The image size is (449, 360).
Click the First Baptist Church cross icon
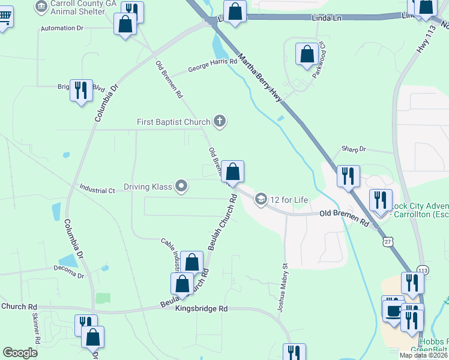220,122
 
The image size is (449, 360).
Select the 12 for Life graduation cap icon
261,199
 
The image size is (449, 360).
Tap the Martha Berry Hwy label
259,76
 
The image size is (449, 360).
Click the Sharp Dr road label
354,149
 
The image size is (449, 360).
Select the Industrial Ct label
97,190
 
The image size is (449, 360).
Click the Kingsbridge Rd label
202,308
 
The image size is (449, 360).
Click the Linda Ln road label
327,19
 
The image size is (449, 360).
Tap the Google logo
20,353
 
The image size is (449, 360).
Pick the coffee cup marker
394,310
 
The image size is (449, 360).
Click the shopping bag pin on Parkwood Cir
307,54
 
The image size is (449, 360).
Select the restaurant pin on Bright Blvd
81,90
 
